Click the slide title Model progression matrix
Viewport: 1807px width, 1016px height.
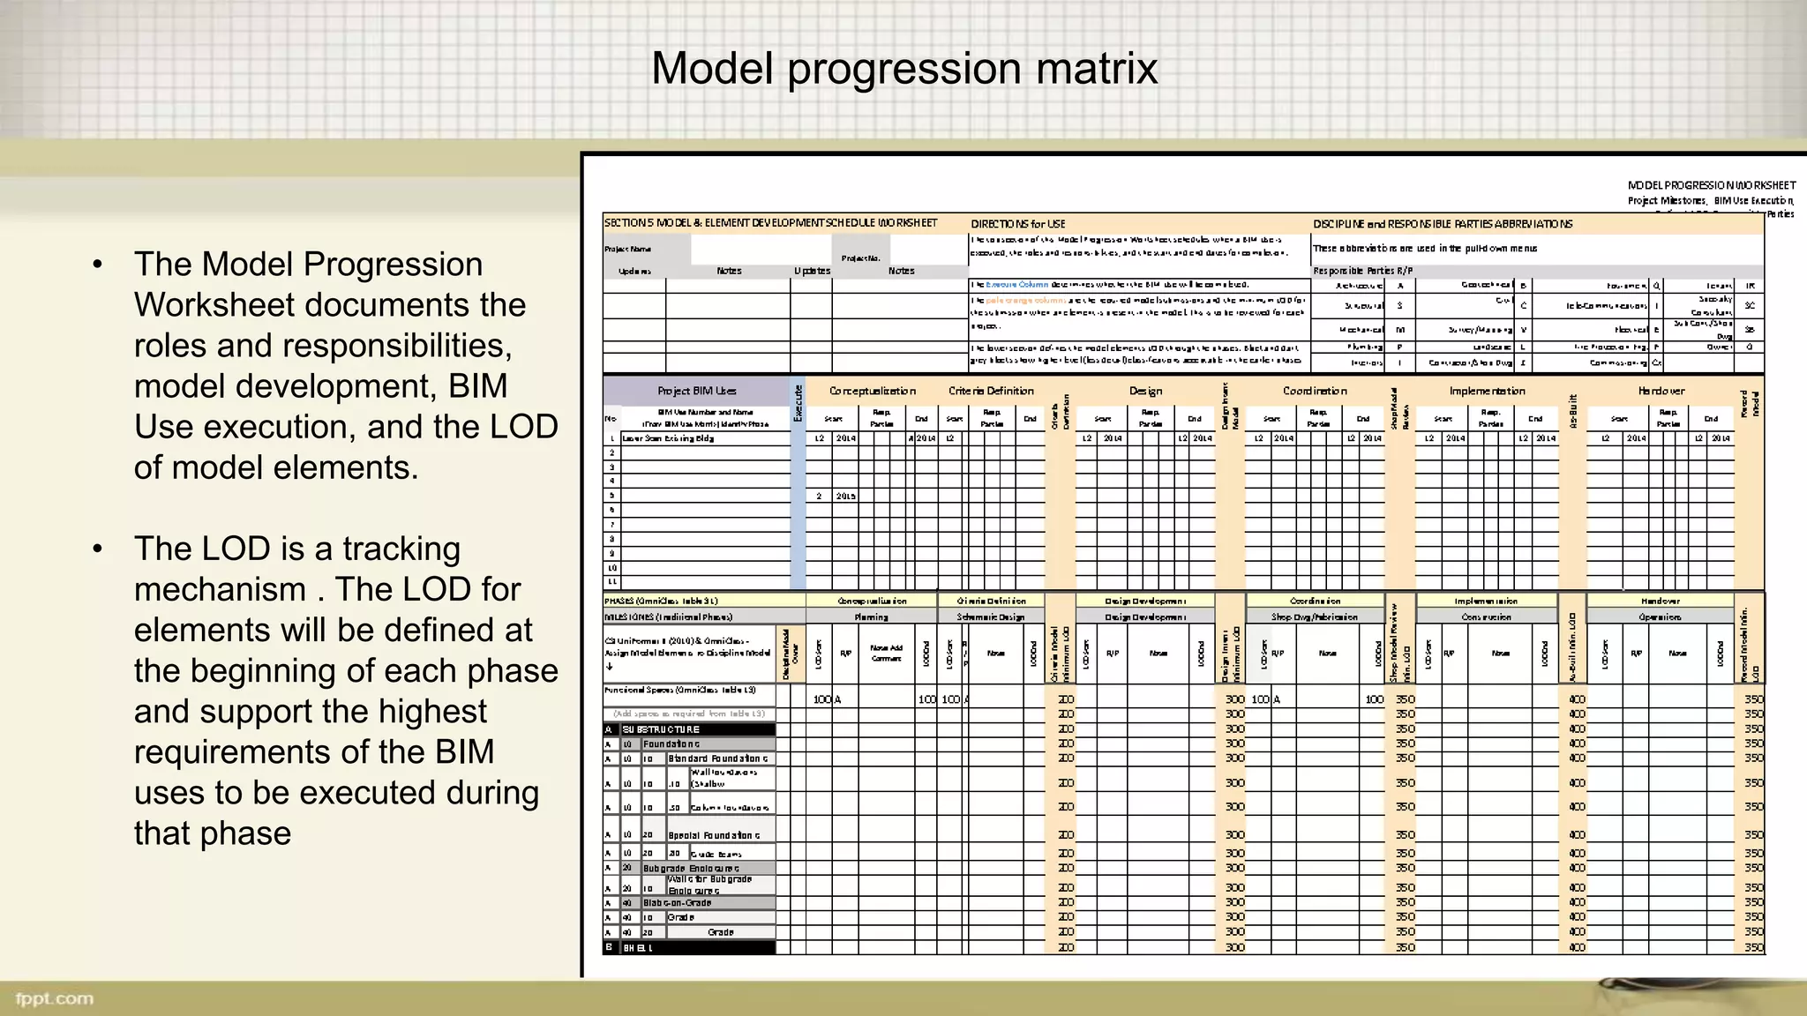[x=903, y=69]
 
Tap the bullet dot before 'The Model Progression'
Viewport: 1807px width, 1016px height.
[x=98, y=265]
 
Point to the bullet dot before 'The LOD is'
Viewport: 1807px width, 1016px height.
[x=98, y=549]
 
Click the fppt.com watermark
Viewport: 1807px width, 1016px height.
[x=55, y=998]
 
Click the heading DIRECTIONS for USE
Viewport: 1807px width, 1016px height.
[x=1018, y=224]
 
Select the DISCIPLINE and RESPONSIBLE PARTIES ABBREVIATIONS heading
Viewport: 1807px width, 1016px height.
[x=1443, y=224]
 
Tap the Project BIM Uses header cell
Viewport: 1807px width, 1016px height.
[x=696, y=391]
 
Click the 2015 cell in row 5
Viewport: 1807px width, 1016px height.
[x=845, y=497]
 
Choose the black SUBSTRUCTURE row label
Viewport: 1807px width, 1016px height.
[x=661, y=729]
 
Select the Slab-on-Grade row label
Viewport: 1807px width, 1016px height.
[x=677, y=903]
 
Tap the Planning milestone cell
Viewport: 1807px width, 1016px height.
[x=871, y=617]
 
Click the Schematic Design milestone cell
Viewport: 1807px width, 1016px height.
[x=991, y=617]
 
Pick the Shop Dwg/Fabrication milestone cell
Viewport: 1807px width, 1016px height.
[x=1314, y=617]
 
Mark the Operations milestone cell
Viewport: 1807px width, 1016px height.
[x=1660, y=617]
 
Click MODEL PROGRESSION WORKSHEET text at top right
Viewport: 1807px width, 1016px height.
[x=1711, y=185]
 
